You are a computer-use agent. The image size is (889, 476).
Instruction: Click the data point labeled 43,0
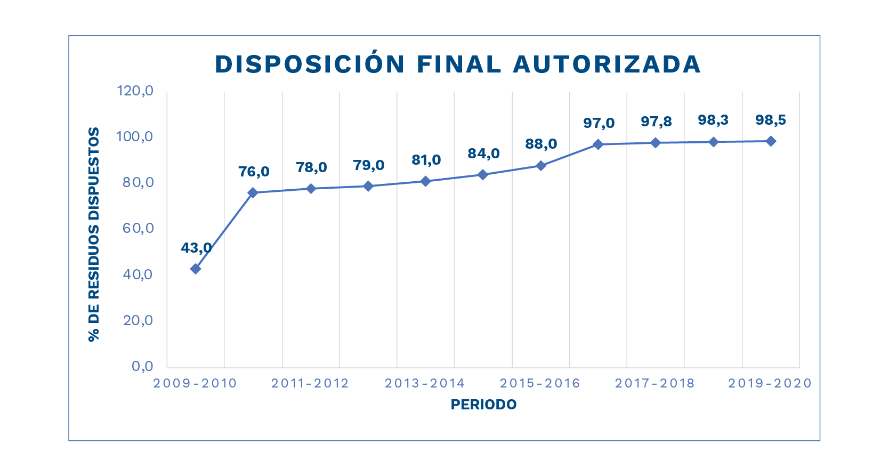click(196, 269)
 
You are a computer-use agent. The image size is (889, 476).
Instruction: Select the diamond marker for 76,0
click(253, 192)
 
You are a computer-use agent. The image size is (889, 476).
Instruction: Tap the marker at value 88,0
click(540, 166)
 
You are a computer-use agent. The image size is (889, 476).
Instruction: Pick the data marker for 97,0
click(598, 144)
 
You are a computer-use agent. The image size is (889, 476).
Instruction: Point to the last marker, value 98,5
click(771, 141)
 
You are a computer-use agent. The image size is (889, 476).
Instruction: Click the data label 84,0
click(483, 154)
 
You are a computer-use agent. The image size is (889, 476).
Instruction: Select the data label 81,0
click(426, 160)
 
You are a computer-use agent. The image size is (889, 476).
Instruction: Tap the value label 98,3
click(713, 120)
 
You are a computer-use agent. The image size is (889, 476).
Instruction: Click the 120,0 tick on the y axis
click(135, 91)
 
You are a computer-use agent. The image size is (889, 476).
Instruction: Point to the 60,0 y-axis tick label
click(138, 228)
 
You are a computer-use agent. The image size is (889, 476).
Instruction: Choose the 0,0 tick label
click(142, 366)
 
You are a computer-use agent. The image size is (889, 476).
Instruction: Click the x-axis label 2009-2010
click(195, 383)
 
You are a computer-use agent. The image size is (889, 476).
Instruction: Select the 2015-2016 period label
click(540, 383)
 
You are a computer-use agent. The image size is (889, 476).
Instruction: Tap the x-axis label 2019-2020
click(770, 383)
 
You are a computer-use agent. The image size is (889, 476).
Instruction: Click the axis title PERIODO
click(483, 405)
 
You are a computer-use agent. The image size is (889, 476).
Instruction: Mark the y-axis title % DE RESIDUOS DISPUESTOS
click(94, 234)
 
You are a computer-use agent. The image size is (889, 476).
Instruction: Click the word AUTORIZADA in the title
click(607, 64)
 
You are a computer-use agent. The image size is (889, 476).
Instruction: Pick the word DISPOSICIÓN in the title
click(310, 64)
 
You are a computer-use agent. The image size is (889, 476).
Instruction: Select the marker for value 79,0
click(368, 186)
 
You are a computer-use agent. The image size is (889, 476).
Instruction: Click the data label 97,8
click(656, 122)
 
